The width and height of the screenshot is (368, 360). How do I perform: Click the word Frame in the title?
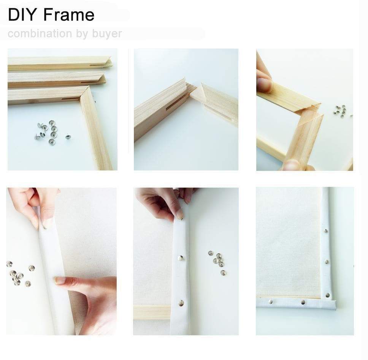69,15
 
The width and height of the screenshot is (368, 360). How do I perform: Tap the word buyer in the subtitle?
107,34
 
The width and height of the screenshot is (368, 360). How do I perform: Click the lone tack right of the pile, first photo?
68,136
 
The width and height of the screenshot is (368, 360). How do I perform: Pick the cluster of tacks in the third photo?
340,110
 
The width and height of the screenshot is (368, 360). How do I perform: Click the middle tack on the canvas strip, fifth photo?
180,258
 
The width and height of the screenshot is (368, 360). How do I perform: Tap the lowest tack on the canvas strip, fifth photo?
181,303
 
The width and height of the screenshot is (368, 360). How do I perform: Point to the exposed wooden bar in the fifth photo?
152,311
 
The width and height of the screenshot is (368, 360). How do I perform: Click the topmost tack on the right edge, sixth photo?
326,231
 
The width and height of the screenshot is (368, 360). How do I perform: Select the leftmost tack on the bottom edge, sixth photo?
270,302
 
